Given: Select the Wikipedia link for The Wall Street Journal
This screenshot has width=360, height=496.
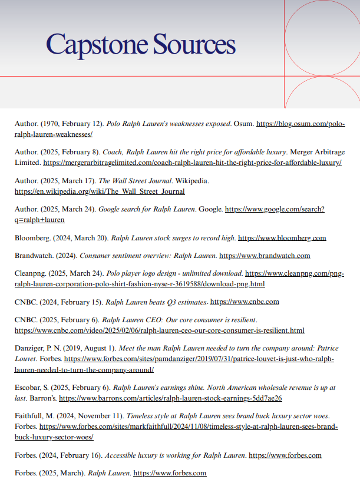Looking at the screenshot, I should coord(100,191).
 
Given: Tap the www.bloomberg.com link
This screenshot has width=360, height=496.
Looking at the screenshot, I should coord(282,238).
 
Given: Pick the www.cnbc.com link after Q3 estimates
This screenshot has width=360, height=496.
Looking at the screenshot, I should coord(245,302).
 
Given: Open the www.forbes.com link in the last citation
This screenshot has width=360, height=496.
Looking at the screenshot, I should coord(170,473).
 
